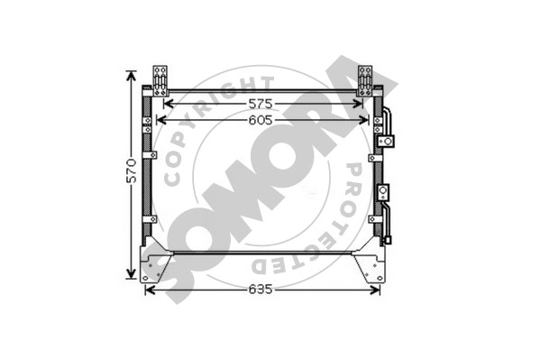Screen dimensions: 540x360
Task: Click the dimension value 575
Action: tap(261, 104)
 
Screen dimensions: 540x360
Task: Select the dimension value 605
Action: tap(261, 120)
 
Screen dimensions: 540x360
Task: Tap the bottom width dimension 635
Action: tap(261, 290)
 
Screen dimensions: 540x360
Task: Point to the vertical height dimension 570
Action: tap(132, 171)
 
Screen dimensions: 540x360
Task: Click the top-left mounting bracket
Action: tap(160, 80)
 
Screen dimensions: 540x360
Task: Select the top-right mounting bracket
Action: tap(365, 80)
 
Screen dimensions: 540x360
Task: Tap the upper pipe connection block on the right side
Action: tap(386, 141)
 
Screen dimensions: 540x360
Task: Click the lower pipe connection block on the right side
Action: tap(383, 191)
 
